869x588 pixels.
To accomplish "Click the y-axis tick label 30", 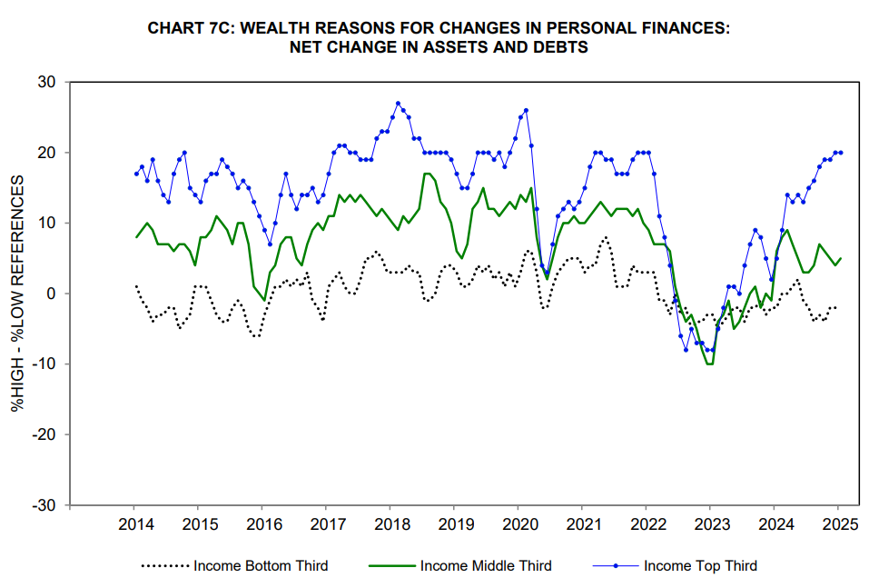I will point(47,82).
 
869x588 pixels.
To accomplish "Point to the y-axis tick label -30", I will point(44,505).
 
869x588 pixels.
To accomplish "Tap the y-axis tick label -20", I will point(44,434).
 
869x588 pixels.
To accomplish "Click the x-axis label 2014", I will point(134,525).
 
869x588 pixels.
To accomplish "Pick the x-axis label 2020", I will point(518,525).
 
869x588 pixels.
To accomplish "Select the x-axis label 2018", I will point(390,525).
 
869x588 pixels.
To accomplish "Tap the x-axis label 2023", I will point(710,525).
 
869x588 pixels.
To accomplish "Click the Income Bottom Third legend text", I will point(261,565).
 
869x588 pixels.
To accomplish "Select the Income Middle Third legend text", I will point(486,565).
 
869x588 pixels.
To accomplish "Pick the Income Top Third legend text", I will point(700,565).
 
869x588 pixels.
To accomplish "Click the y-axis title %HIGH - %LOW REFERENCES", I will point(18,294).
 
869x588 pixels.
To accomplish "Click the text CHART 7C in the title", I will point(188,29).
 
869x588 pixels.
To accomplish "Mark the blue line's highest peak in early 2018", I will point(398,104).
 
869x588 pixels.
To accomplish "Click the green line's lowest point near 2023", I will point(709,364).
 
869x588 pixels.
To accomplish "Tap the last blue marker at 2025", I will point(840,153).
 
